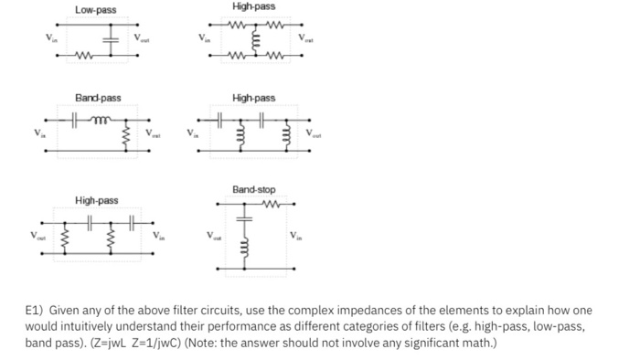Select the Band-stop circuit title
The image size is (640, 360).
(253, 189)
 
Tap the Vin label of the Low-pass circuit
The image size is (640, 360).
(39, 39)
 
